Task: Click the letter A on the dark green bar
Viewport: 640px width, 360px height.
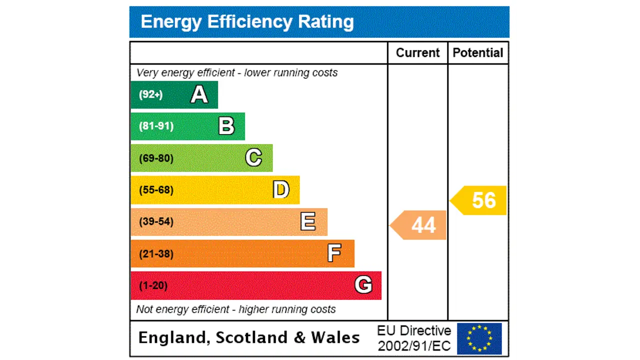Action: point(199,94)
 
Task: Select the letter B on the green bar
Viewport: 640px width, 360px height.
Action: point(226,126)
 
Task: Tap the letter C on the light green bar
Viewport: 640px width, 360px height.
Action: point(253,158)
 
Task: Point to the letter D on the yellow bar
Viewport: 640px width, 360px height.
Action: point(281,190)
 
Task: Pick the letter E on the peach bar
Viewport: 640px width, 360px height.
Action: point(308,221)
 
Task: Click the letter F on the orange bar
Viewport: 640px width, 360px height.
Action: point(334,253)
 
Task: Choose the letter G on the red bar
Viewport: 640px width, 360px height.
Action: point(363,285)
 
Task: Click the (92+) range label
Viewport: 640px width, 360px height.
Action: point(150,94)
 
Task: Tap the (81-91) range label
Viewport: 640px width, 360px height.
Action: point(156,126)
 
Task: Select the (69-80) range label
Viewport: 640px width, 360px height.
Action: point(156,158)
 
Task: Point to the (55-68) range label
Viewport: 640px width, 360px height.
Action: point(156,190)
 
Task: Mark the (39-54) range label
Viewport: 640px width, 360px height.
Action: point(156,221)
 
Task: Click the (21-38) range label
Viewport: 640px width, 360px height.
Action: point(156,253)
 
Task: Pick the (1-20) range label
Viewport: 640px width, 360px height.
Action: point(153,285)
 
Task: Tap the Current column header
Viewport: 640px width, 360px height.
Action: point(417,53)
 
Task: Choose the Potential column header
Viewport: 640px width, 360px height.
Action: point(478,53)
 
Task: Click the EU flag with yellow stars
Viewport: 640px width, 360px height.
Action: point(479,338)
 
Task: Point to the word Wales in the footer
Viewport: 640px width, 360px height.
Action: point(335,337)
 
